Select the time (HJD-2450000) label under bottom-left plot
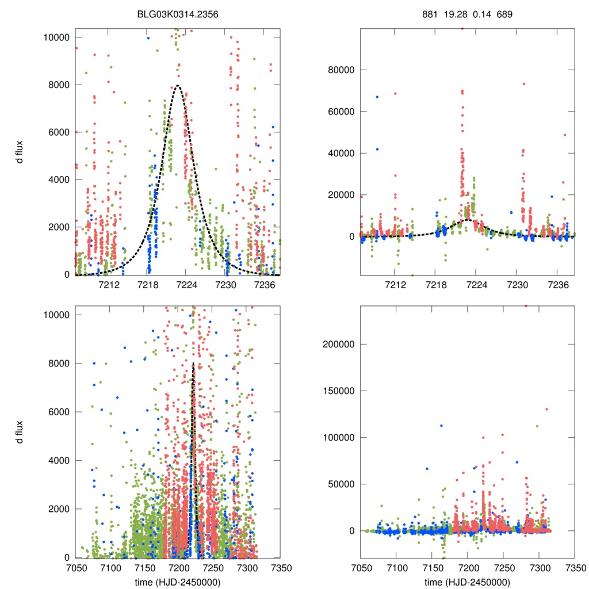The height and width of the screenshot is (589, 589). (177, 582)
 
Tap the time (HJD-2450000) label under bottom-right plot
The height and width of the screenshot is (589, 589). (467, 582)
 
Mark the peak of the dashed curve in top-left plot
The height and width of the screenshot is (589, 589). (178, 86)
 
